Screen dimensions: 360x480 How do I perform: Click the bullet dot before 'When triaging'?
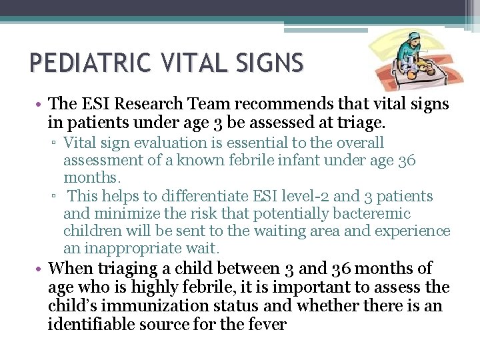coord(41,269)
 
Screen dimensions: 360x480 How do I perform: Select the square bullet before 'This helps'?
coord(55,197)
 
